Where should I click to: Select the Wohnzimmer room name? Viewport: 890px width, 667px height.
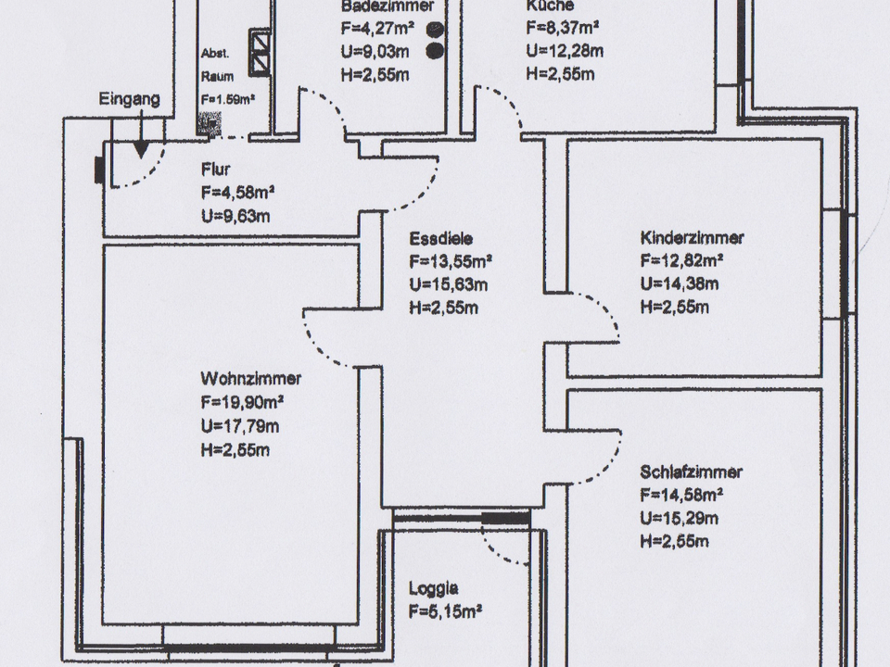click(250, 379)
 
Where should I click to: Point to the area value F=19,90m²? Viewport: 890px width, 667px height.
click(241, 403)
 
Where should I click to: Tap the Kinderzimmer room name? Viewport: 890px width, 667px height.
click(692, 238)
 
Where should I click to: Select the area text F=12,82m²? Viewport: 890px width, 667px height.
click(681, 261)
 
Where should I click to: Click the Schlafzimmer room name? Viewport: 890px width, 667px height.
click(691, 472)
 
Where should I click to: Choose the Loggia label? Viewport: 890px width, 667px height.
click(434, 586)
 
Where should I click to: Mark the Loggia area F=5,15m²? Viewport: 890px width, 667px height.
click(444, 610)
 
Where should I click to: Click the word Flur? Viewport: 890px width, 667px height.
click(215, 170)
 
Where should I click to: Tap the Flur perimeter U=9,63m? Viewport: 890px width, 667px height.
click(237, 217)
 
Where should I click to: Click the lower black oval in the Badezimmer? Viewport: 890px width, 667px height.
click(434, 51)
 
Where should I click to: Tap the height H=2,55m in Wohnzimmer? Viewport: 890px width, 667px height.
click(235, 450)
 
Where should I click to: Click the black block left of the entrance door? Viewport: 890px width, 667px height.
click(98, 169)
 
